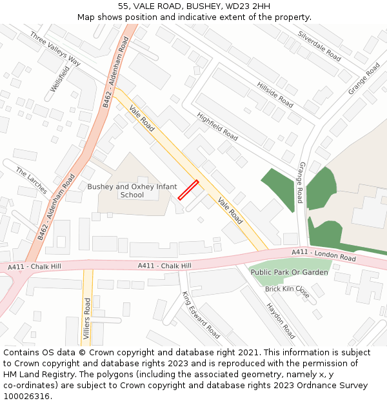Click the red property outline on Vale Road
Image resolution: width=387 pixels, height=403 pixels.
(188, 190)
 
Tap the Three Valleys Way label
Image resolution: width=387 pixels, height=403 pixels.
(55, 50)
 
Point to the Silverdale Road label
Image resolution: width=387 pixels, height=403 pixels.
(319, 46)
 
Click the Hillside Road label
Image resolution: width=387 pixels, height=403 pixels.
(275, 95)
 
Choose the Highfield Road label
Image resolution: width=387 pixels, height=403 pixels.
(217, 128)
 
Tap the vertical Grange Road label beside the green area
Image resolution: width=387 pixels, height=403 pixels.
(300, 182)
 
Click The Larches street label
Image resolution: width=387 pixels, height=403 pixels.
(32, 181)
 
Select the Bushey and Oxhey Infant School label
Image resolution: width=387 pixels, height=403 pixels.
(132, 190)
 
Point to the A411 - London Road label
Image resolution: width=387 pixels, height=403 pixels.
(324, 255)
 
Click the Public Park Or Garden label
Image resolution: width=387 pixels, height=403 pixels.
(289, 272)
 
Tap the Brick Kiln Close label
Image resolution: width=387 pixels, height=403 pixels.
(287, 292)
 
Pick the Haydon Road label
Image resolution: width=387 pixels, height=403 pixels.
(281, 321)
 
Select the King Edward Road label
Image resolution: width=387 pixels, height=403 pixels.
(201, 315)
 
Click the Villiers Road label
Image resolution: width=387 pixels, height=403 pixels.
(87, 319)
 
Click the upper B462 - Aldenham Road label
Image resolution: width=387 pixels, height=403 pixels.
(116, 72)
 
